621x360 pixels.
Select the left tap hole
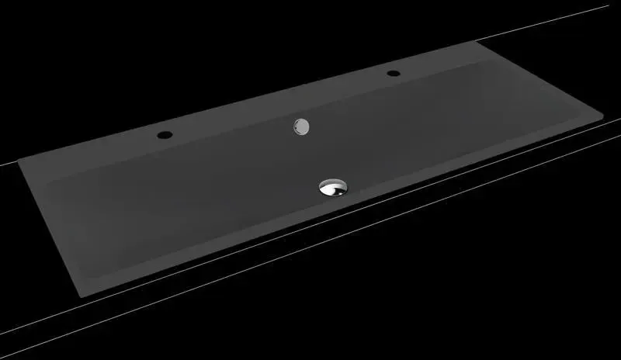pyautogui.click(x=164, y=135)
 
